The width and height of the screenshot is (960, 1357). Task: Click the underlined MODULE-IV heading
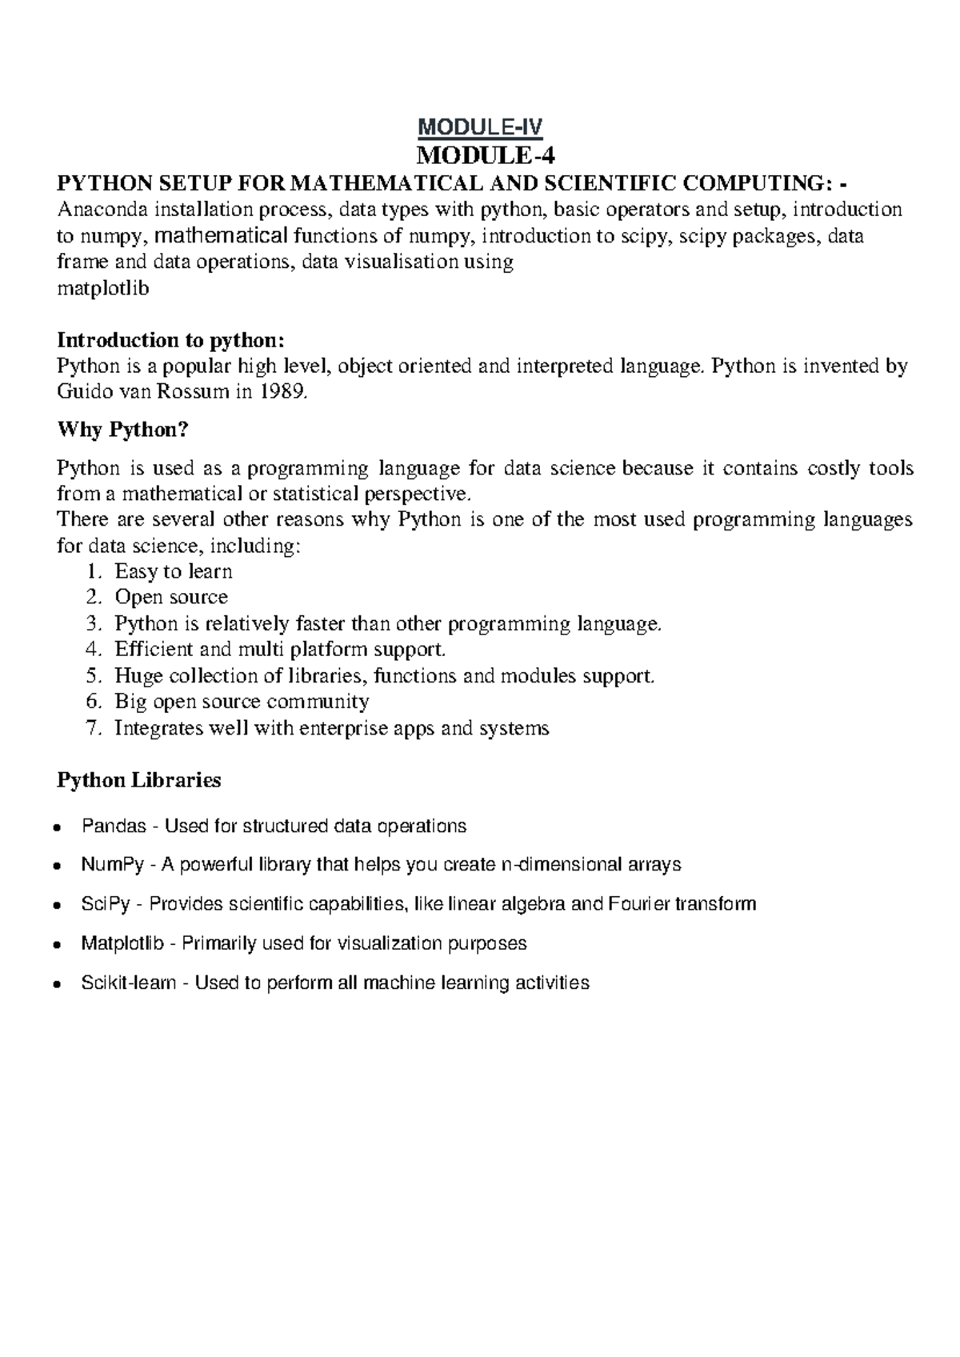coord(481,126)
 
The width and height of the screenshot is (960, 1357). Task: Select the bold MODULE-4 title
coord(481,154)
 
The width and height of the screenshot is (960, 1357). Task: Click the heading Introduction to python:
coord(170,340)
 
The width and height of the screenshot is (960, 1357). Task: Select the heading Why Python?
coord(123,430)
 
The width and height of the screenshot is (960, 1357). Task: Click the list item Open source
coord(171,597)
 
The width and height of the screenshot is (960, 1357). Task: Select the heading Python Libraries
coord(138,779)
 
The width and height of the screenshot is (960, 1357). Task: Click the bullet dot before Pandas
coord(56,827)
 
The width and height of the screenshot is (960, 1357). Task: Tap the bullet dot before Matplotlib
coord(56,944)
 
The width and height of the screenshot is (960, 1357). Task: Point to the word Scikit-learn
coord(128,983)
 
